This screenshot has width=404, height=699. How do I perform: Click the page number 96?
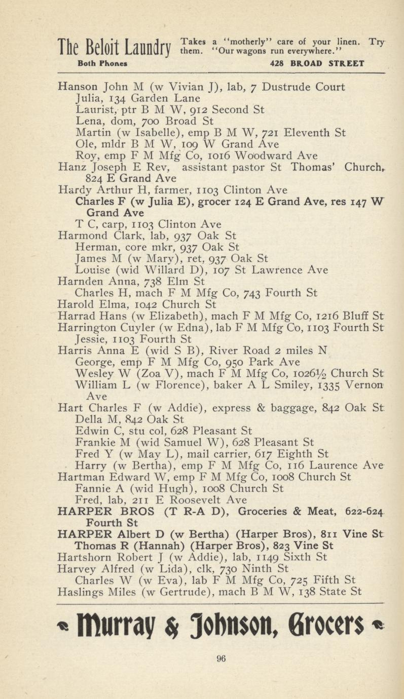221,659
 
